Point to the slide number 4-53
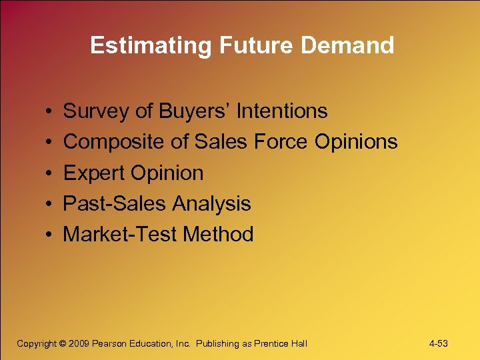pos(438,343)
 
